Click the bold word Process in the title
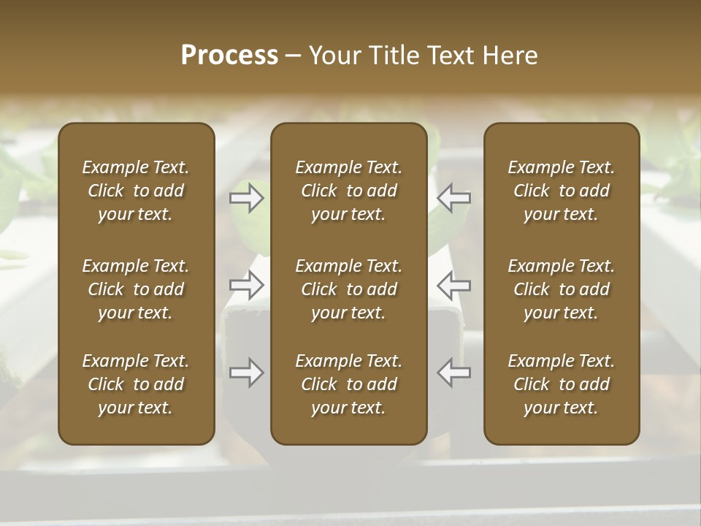tap(229, 56)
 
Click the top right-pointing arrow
tap(246, 198)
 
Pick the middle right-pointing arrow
tap(246, 285)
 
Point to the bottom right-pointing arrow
tap(246, 373)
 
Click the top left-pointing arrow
tap(454, 198)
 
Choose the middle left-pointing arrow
tap(454, 285)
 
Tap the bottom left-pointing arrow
tap(454, 373)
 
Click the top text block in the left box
tap(136, 191)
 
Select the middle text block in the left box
tap(136, 289)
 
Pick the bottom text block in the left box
tap(136, 384)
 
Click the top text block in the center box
tap(349, 191)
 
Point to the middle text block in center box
tap(349, 289)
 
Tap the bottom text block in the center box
tap(349, 384)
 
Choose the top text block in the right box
tap(562, 191)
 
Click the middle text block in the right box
tap(562, 289)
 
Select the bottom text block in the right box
tap(562, 384)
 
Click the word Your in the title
tap(332, 56)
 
